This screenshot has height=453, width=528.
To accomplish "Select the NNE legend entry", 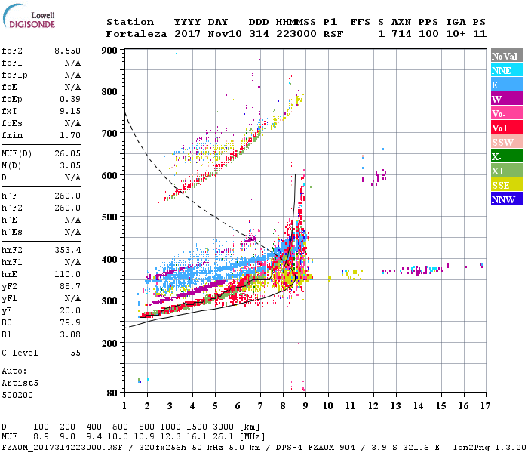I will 502,70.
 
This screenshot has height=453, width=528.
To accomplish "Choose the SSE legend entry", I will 502,186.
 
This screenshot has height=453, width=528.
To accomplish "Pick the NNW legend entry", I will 502,200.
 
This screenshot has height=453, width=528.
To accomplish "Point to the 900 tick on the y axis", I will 110,51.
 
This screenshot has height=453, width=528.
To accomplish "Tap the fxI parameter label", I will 10,111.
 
